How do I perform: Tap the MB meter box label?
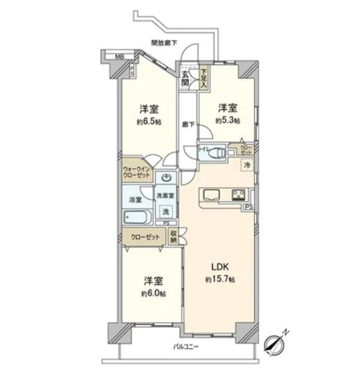120,57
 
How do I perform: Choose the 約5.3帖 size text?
228,121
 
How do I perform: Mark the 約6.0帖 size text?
154,293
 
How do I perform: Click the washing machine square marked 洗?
165,211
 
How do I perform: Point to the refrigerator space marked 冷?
246,165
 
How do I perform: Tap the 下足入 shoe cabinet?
204,77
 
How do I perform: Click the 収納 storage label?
173,236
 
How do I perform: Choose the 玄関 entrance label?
186,78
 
